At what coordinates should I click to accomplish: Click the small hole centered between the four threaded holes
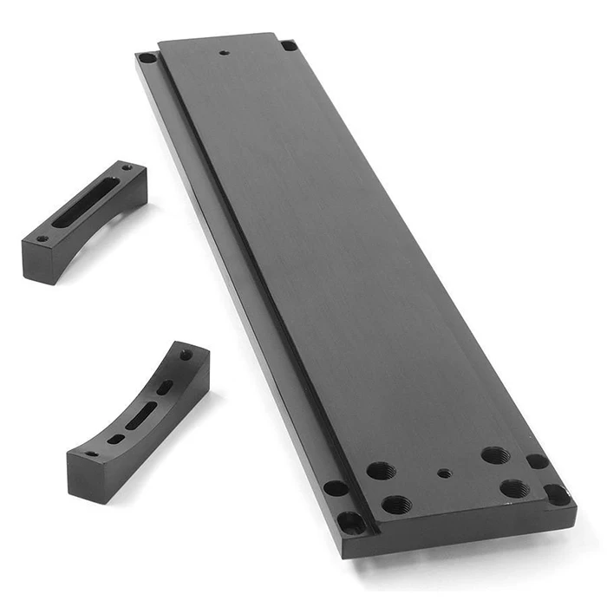[x=445, y=473]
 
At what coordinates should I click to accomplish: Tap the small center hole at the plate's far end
[x=225, y=52]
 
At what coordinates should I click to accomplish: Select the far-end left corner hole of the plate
[x=148, y=58]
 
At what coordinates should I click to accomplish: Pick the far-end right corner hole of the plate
[x=289, y=45]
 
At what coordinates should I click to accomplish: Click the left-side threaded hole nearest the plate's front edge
[x=395, y=504]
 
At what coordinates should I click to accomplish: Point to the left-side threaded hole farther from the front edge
[x=381, y=471]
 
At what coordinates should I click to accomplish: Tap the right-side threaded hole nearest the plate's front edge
[x=513, y=488]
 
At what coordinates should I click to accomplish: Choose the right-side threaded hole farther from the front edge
[x=494, y=455]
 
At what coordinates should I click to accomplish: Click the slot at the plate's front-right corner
[x=556, y=494]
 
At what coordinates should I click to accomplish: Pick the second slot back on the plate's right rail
[x=537, y=461]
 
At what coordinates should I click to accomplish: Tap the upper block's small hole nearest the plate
[x=127, y=166]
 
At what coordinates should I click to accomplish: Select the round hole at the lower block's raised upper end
[x=185, y=355]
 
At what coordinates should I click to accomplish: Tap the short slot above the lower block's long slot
[x=164, y=387]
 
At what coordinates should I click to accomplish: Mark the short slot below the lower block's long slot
[x=114, y=438]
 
